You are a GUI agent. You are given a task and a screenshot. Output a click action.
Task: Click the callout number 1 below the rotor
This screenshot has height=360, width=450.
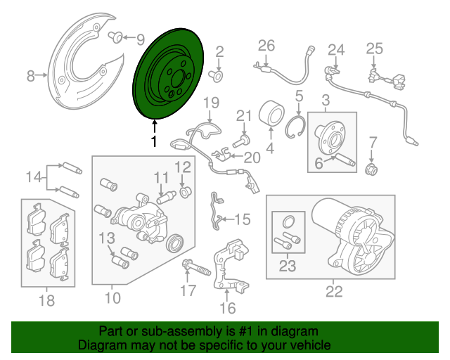(x=153, y=141)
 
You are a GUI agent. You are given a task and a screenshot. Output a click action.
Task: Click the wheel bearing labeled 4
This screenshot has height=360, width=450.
(x=270, y=114)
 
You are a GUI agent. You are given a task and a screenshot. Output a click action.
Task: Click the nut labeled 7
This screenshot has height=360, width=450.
(x=373, y=168)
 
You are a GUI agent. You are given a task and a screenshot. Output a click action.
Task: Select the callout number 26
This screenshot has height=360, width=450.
(x=266, y=46)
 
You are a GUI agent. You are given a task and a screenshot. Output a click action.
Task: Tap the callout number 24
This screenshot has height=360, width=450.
(x=337, y=49)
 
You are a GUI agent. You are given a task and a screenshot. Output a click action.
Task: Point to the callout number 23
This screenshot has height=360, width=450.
(x=288, y=266)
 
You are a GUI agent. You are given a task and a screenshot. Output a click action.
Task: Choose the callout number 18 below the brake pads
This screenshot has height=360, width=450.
(x=46, y=301)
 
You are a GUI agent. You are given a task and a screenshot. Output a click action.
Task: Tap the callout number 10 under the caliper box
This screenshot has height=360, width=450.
(x=112, y=297)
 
